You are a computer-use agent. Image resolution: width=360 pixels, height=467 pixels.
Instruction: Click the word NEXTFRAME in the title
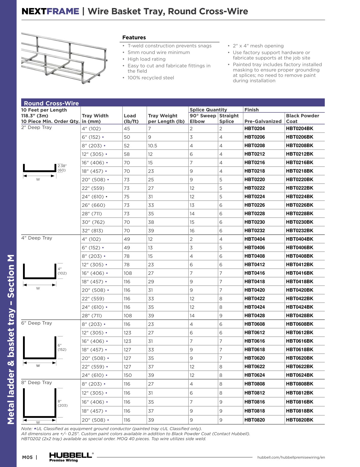click(50, 11)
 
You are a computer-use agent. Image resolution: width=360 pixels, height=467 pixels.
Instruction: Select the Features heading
click(134, 38)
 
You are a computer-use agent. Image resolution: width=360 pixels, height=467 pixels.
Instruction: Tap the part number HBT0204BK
click(299, 129)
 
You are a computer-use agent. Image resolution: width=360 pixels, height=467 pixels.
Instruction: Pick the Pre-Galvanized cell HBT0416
click(254, 273)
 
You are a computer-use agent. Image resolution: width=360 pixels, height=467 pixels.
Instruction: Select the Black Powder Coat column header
click(302, 118)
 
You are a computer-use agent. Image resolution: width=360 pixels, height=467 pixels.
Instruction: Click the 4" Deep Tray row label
click(36, 238)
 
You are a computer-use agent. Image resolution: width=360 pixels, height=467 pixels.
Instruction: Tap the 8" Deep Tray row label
click(36, 383)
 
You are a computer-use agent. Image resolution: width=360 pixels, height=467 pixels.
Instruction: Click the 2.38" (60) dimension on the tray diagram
click(62, 168)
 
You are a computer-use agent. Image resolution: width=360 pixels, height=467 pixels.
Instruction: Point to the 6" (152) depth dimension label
click(62, 347)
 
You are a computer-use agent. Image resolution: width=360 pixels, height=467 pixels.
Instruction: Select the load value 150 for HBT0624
click(127, 375)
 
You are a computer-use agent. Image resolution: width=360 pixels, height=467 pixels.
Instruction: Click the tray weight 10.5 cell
click(152, 146)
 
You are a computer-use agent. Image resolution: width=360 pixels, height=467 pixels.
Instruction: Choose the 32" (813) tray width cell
click(92, 231)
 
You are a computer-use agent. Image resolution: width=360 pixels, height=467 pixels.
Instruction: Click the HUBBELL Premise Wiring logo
click(71, 457)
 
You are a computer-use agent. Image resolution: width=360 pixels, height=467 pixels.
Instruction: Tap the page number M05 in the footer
click(27, 457)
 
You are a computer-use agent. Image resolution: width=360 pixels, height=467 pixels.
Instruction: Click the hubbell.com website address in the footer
click(291, 457)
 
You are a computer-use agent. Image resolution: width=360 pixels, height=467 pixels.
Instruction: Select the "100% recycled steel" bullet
click(151, 78)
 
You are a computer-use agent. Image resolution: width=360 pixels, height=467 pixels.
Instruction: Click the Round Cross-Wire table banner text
click(51, 103)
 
